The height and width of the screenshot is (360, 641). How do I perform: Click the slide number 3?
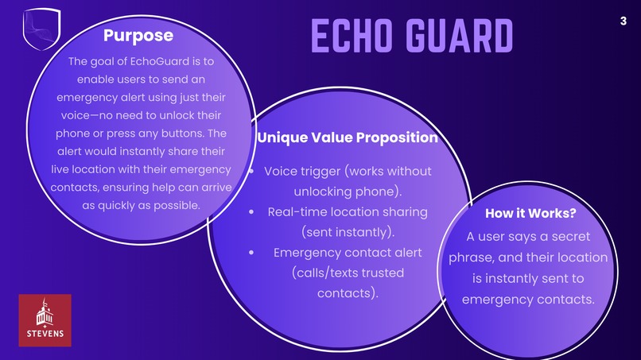pos(624,21)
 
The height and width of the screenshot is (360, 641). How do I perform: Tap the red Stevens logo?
pos(45,320)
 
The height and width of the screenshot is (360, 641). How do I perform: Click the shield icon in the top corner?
pos(42,29)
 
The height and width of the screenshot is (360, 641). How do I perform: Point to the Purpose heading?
pos(138,36)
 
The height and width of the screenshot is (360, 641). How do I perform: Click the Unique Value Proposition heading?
pos(348,137)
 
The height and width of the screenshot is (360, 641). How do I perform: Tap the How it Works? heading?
pos(530,213)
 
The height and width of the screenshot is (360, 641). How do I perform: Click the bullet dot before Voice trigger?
pos(251,172)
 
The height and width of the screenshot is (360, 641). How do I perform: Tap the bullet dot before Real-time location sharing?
pos(252,212)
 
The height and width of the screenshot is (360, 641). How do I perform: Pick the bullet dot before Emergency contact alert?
pos(252,253)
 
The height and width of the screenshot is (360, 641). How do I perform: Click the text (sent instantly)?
pos(348,232)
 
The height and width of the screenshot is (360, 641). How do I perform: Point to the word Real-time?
pos(297,212)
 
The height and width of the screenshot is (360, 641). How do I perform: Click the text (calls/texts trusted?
pos(348,273)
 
